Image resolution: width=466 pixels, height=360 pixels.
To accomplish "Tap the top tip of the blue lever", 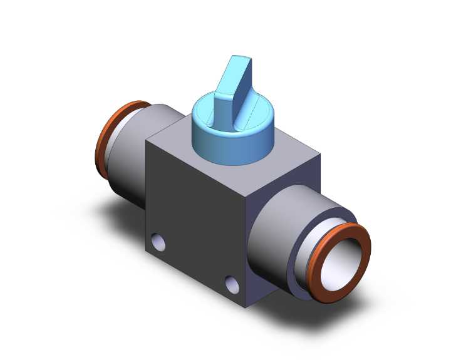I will pyautogui.click(x=243, y=60).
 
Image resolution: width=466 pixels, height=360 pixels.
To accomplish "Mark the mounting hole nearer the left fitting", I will pyautogui.click(x=158, y=242).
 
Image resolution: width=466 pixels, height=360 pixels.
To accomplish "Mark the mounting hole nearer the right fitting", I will pyautogui.click(x=232, y=285).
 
